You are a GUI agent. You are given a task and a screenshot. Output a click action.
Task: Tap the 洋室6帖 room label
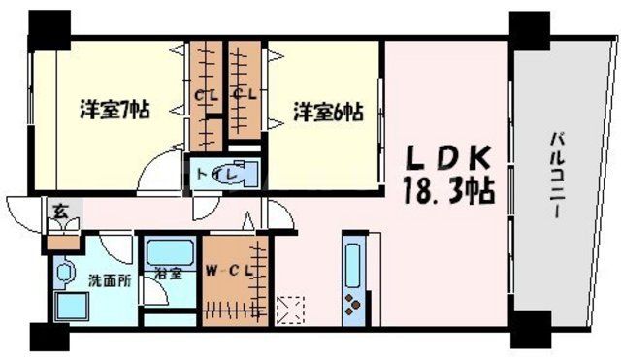pyautogui.click(x=328, y=112)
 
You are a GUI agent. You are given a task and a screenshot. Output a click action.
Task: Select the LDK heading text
pyautogui.click(x=448, y=158)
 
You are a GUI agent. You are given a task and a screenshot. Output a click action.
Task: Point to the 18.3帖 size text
pyautogui.click(x=448, y=189)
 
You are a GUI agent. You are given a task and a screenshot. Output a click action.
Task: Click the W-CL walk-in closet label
pyautogui.click(x=229, y=272)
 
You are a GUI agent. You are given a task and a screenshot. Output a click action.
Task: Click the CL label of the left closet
pyautogui.click(x=206, y=95)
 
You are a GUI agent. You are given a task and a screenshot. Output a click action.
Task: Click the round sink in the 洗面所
pyautogui.click(x=67, y=273)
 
